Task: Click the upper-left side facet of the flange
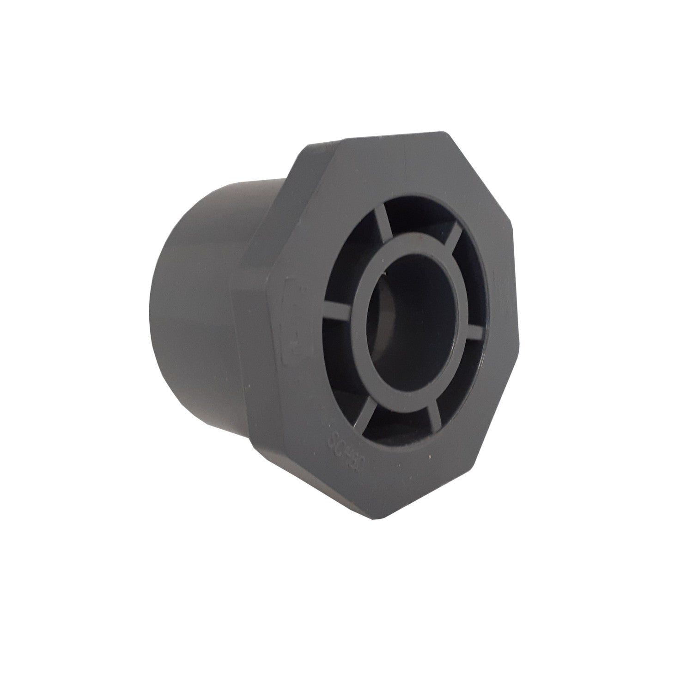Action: [x=300, y=185]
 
